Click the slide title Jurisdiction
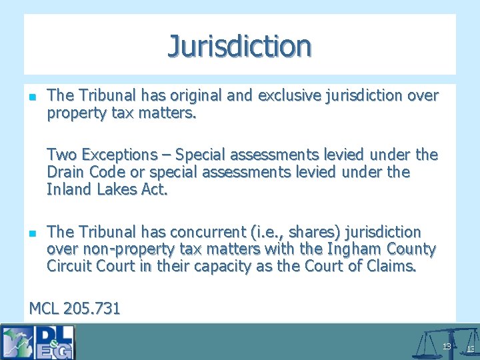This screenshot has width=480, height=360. point(239,46)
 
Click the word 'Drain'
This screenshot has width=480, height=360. point(67,173)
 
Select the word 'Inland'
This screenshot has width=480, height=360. point(69,190)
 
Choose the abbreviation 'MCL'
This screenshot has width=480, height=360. point(45,309)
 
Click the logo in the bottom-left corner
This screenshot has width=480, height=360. point(38,341)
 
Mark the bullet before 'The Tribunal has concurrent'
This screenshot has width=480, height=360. point(33,233)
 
